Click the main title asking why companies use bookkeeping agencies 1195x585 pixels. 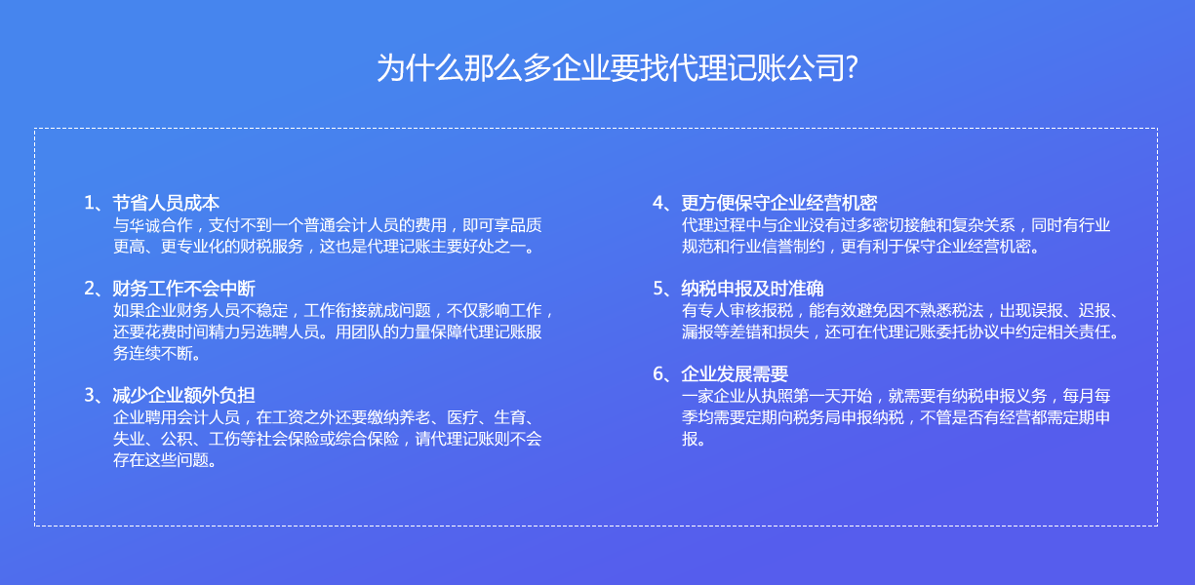point(617,68)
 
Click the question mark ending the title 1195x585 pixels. point(852,68)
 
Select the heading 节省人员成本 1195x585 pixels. point(166,203)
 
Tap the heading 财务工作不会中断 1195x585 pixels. point(184,288)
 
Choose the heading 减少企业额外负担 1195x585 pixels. point(184,395)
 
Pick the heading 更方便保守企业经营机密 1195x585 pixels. point(779,203)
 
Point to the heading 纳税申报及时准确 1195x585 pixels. point(753,288)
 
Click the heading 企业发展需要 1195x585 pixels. point(735,373)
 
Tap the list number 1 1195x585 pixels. point(89,203)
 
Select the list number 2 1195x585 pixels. point(90,289)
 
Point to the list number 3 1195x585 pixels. point(90,395)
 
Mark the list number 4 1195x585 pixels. point(658,203)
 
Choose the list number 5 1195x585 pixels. point(658,289)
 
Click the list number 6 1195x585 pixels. point(658,373)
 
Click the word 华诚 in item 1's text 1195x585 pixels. point(144,225)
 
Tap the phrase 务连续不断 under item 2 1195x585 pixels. point(152,353)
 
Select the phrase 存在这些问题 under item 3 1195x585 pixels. point(161,459)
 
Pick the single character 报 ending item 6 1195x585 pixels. point(690,439)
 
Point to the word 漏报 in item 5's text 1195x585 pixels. point(697,331)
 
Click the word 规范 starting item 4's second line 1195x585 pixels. point(697,247)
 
